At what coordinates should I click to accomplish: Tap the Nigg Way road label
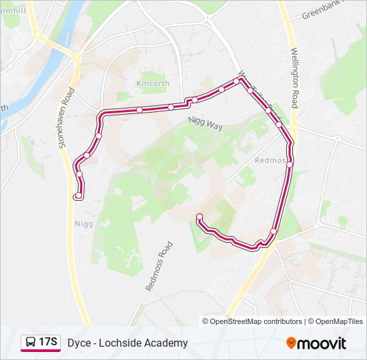tap(205, 121)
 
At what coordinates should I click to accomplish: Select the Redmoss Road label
tap(159, 265)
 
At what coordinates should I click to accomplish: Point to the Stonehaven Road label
tap(65, 124)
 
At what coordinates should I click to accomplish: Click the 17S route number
tap(48, 343)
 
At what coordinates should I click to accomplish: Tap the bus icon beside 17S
tap(30, 343)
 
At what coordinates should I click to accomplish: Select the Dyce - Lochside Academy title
tap(127, 343)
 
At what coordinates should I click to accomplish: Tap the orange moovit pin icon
tap(291, 343)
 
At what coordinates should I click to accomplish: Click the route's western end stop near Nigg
tap(79, 195)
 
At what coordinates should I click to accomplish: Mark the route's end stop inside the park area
tap(199, 216)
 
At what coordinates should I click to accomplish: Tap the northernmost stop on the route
tap(236, 81)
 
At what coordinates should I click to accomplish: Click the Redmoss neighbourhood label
tap(271, 161)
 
